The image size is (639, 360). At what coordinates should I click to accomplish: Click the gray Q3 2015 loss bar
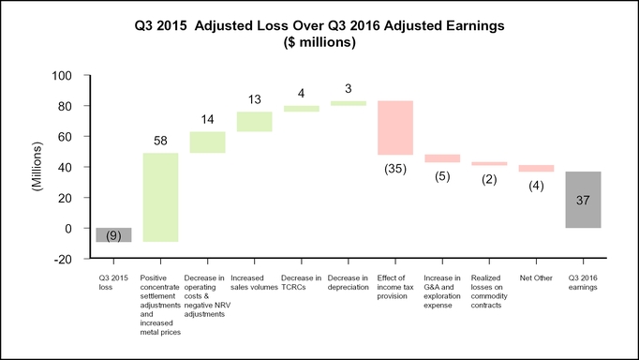pos(113,234)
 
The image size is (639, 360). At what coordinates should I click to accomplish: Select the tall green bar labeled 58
pos(160,197)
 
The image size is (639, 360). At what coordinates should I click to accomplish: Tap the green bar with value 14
pos(207,142)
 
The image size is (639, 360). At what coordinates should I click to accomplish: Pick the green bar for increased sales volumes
pos(254,122)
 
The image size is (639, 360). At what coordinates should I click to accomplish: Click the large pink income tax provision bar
pos(395,127)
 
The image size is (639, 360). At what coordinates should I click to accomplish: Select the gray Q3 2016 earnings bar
pos(583,200)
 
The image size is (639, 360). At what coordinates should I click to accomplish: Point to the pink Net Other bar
pos(536,169)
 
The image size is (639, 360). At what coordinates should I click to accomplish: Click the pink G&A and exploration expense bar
pos(442,158)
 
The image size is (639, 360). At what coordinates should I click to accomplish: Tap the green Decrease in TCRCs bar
pos(302,109)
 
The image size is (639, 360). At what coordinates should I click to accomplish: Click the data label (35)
pos(395,169)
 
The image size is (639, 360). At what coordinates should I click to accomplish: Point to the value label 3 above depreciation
pos(348,88)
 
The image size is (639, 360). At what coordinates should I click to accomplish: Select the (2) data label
pos(489,179)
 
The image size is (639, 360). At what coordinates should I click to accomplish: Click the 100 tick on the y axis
pos(62,76)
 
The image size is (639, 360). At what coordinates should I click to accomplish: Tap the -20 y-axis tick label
pos(63,260)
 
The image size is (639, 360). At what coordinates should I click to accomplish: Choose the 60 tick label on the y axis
pos(65,137)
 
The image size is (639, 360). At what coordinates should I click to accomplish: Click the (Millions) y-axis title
pos(37,166)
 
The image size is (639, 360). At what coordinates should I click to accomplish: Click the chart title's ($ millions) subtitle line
pos(319,42)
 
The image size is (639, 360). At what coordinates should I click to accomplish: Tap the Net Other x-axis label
pos(536,278)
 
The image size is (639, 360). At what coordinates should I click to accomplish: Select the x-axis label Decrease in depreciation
pos(348,282)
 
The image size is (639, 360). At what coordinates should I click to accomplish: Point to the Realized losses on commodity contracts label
pos(489,292)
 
